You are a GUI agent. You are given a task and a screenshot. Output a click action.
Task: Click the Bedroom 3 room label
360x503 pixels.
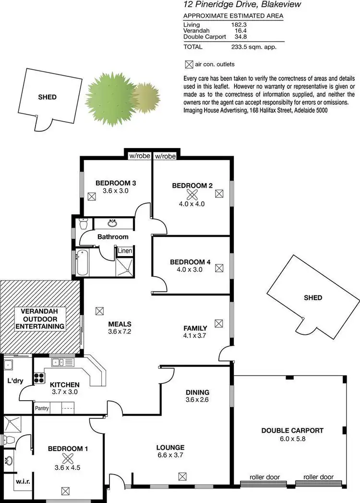point(116,183)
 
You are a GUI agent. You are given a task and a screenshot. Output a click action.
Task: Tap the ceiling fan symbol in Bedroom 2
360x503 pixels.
point(192,194)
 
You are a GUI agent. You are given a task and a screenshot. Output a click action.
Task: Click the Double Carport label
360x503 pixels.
point(292,430)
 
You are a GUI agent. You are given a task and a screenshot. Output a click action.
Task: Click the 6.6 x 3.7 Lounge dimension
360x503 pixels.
point(170,455)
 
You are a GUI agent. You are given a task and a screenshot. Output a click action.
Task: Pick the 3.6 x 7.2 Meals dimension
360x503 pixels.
point(120,331)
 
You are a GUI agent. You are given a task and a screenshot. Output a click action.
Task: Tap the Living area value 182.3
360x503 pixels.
point(240,24)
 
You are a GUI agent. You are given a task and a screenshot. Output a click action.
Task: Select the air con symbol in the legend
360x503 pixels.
point(188,64)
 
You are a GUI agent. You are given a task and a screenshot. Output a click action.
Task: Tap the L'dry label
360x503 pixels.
point(15,381)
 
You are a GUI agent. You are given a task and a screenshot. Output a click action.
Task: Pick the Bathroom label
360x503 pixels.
point(113,237)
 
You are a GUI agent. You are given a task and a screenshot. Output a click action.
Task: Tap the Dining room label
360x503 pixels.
point(198,392)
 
